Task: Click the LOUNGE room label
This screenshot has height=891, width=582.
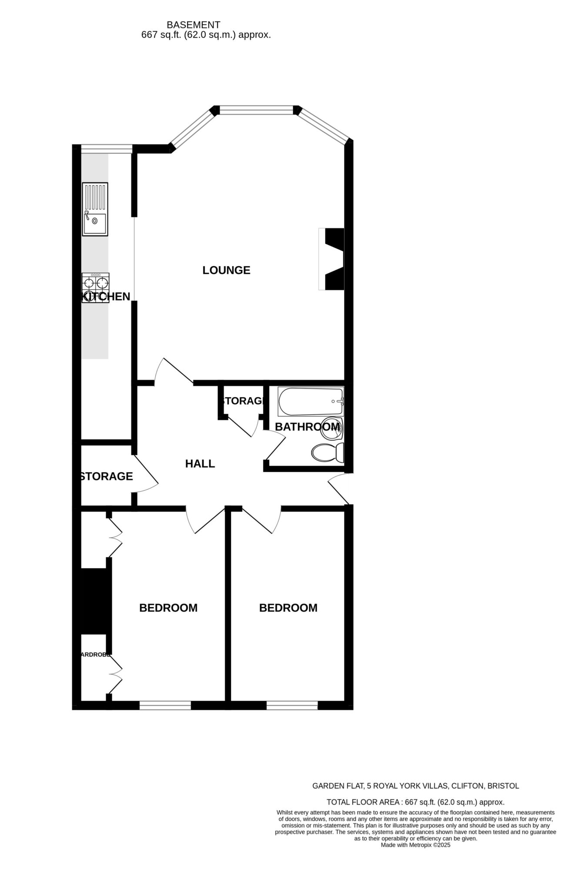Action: tap(226, 270)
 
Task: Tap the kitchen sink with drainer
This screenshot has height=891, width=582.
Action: tap(95, 209)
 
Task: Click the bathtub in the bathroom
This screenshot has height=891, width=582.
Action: tap(311, 401)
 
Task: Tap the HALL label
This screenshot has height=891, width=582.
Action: tap(200, 464)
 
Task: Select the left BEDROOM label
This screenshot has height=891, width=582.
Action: tap(168, 608)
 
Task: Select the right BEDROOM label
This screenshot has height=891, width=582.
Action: tap(288, 608)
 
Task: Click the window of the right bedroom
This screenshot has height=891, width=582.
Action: tap(292, 705)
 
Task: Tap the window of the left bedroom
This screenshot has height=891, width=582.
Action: tap(165, 705)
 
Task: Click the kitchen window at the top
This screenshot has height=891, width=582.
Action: tap(107, 149)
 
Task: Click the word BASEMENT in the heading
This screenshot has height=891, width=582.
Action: tap(193, 25)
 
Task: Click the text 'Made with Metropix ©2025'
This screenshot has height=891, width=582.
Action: tap(415, 845)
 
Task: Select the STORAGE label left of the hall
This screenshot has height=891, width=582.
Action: tap(106, 476)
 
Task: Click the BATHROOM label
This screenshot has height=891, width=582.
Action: tap(307, 427)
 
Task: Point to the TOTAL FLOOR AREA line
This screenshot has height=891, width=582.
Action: tap(415, 802)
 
